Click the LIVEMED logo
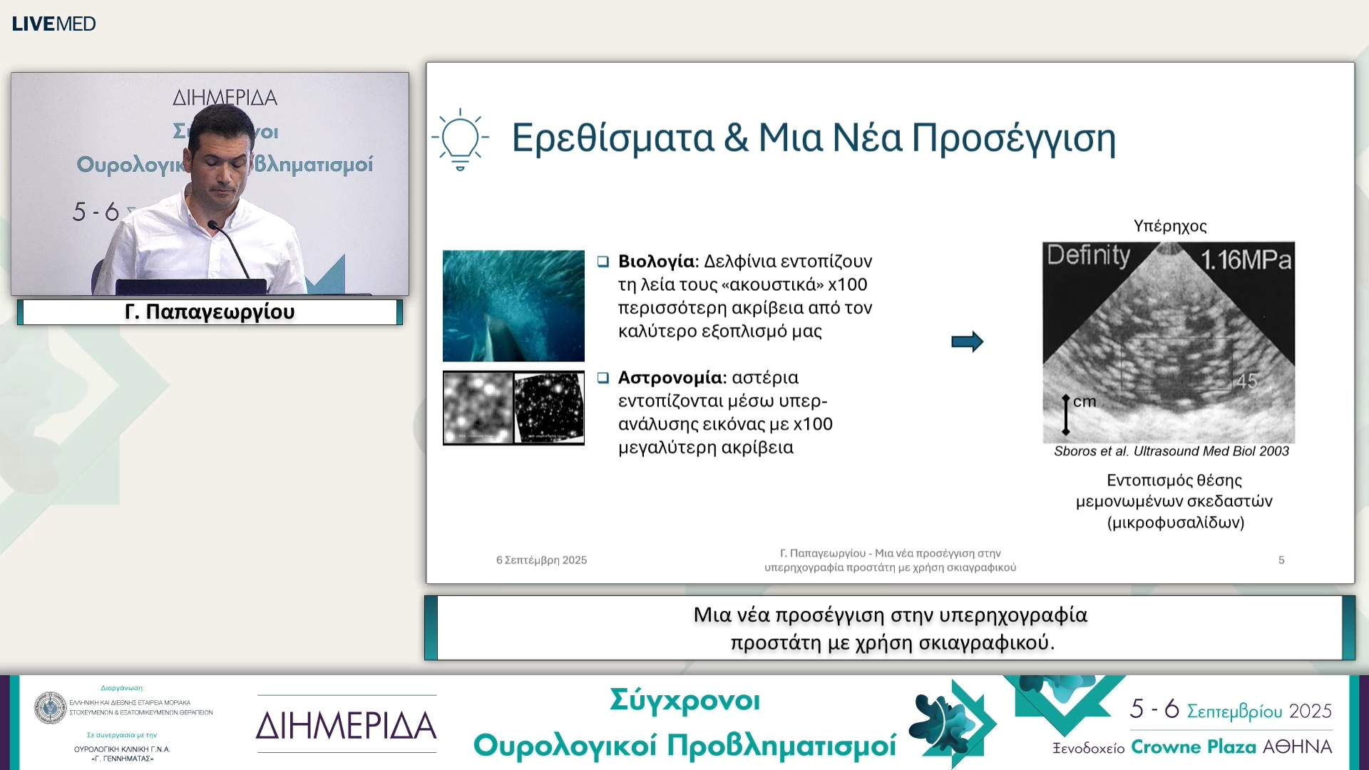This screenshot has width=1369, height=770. (x=53, y=24)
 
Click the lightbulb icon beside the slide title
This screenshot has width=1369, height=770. (x=460, y=140)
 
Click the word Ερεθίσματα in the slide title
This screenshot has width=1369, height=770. (x=612, y=138)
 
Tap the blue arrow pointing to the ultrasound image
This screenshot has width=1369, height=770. (x=967, y=342)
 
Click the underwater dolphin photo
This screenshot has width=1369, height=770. (x=513, y=305)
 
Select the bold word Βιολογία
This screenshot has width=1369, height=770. (x=656, y=261)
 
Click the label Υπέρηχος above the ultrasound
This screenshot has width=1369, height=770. (x=1170, y=226)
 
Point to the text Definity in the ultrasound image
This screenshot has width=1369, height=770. (x=1088, y=255)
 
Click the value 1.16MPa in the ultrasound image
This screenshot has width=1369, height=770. (x=1246, y=260)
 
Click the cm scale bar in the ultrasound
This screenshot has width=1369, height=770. (x=1067, y=414)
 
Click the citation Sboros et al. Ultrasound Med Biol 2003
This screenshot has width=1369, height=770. (x=1171, y=451)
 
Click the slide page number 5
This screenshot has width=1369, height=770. (x=1281, y=560)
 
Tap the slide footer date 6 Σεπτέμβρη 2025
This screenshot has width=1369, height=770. (x=541, y=560)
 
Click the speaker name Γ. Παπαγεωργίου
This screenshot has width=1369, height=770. (x=210, y=312)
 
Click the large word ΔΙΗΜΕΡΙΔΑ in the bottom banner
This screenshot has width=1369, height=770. (x=347, y=726)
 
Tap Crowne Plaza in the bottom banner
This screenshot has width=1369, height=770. (x=1193, y=746)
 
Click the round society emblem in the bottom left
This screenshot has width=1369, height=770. (x=51, y=708)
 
